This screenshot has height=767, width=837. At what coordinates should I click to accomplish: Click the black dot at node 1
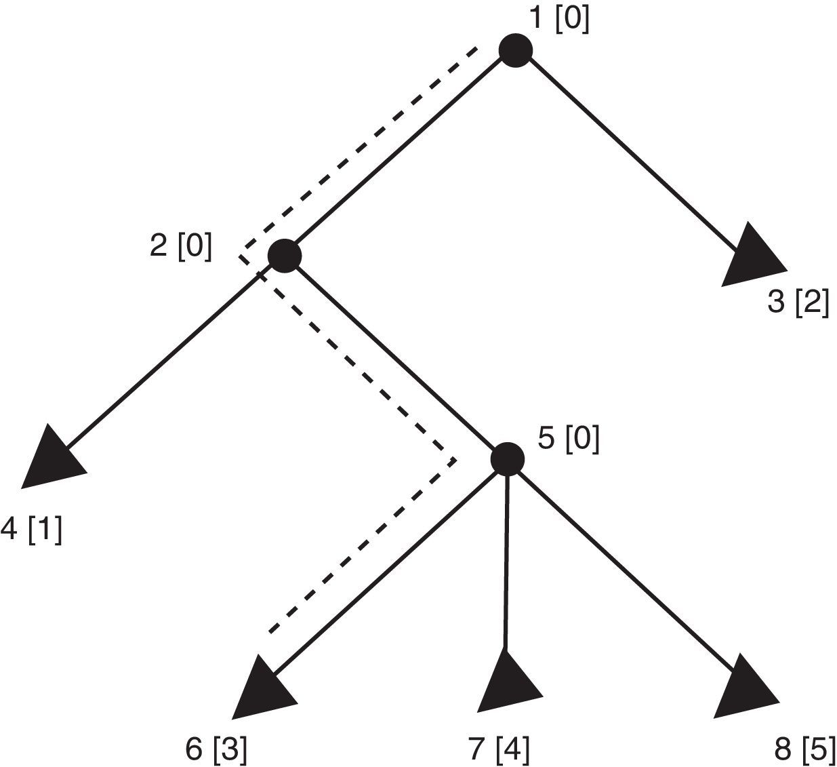click(x=515, y=50)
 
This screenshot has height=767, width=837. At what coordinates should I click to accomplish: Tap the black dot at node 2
click(x=284, y=256)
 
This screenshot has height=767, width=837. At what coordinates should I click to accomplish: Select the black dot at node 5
click(x=507, y=459)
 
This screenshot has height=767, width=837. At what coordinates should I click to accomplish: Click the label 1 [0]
click(x=558, y=19)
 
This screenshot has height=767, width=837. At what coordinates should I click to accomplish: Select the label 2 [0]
click(x=180, y=245)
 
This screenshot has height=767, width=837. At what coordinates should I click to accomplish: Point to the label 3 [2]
click(x=798, y=302)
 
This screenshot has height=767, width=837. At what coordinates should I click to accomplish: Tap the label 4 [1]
click(x=31, y=529)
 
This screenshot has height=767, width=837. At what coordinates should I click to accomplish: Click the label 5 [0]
click(x=568, y=439)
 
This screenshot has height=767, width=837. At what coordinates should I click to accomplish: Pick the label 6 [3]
click(x=216, y=750)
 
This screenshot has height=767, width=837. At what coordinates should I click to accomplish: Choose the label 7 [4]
click(x=498, y=750)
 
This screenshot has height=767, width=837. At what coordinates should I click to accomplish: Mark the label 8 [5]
click(x=804, y=750)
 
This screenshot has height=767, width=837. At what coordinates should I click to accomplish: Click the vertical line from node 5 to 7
click(x=506, y=563)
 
